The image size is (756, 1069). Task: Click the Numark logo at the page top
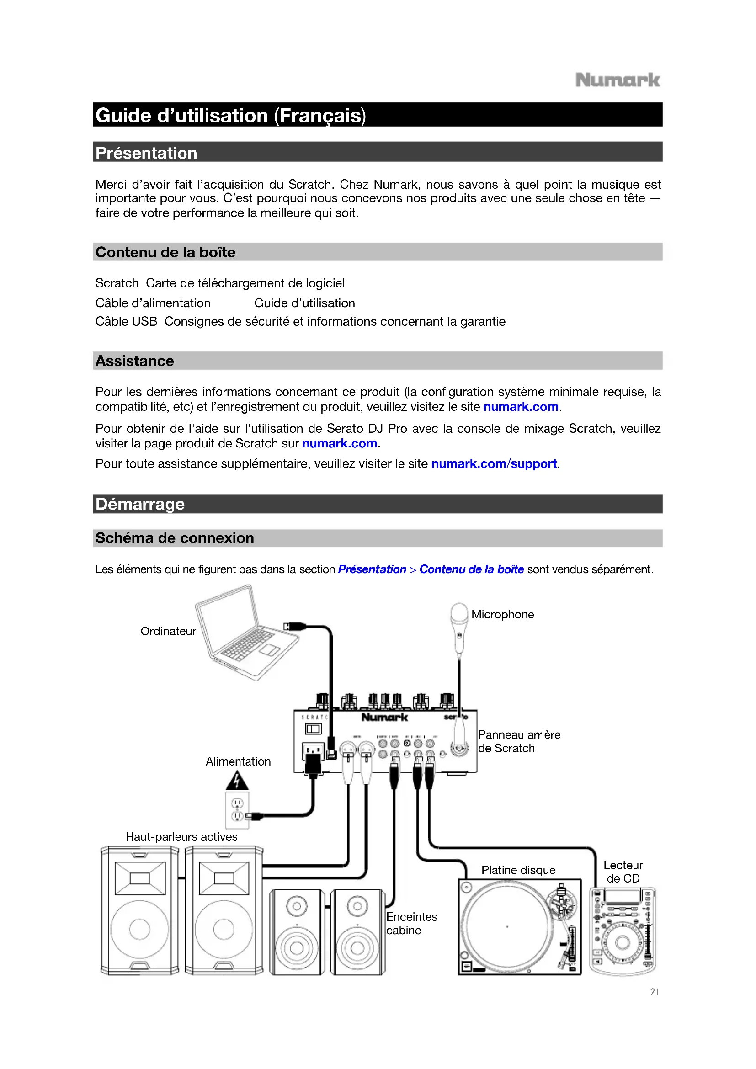coord(617,80)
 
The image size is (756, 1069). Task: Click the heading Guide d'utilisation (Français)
coord(230,116)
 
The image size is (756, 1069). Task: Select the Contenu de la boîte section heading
coord(165,252)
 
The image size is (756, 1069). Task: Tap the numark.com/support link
coord(494,464)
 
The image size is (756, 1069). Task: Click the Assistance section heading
coord(134,361)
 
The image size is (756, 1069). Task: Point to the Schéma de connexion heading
coord(175,538)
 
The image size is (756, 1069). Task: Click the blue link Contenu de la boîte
coord(471,569)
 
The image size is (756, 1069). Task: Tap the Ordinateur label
coord(168,631)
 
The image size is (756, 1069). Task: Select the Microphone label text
coord(502,615)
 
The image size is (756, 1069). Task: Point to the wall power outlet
coord(237,810)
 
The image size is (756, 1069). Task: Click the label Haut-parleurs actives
coord(181,837)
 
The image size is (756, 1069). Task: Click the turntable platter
coord(507,927)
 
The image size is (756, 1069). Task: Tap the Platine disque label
coord(518,870)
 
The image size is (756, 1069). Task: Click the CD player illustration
coord(622,931)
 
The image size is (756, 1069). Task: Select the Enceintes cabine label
coord(411,924)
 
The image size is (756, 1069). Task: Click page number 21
coord(654,992)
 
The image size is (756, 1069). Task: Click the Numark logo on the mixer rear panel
coord(384,718)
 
